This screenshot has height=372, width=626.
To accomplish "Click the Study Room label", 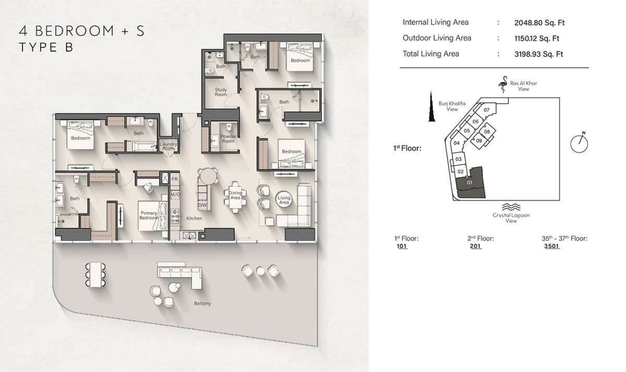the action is click(x=221, y=92).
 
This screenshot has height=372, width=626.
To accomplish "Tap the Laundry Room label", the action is click(x=168, y=146).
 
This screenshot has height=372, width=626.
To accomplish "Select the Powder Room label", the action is click(x=228, y=139).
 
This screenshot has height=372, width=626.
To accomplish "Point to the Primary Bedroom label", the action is click(x=149, y=215).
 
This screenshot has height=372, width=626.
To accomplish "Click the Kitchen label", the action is click(x=194, y=218).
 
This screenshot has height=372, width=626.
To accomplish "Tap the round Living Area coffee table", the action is click(x=284, y=199).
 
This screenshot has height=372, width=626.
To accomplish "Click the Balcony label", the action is click(x=202, y=303).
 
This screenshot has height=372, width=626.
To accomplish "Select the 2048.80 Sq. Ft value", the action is click(x=539, y=22).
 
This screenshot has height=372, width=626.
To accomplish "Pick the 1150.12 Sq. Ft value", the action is click(x=537, y=38).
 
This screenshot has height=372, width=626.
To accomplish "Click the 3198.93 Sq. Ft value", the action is click(x=538, y=54).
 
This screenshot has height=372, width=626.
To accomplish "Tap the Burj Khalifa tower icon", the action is click(x=432, y=106).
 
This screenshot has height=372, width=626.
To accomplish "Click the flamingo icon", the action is click(x=503, y=84).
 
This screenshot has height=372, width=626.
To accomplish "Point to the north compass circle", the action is click(x=579, y=144).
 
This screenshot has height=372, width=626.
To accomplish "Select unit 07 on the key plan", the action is click(x=487, y=110).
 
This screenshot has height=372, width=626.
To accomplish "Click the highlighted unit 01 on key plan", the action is click(x=470, y=183).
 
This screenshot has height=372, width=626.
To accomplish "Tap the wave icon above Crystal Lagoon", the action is click(x=511, y=207).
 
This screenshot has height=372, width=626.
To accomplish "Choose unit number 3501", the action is click(x=551, y=246).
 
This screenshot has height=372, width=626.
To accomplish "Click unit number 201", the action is click(x=475, y=246).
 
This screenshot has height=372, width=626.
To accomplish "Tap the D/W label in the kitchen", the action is click(x=202, y=205).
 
